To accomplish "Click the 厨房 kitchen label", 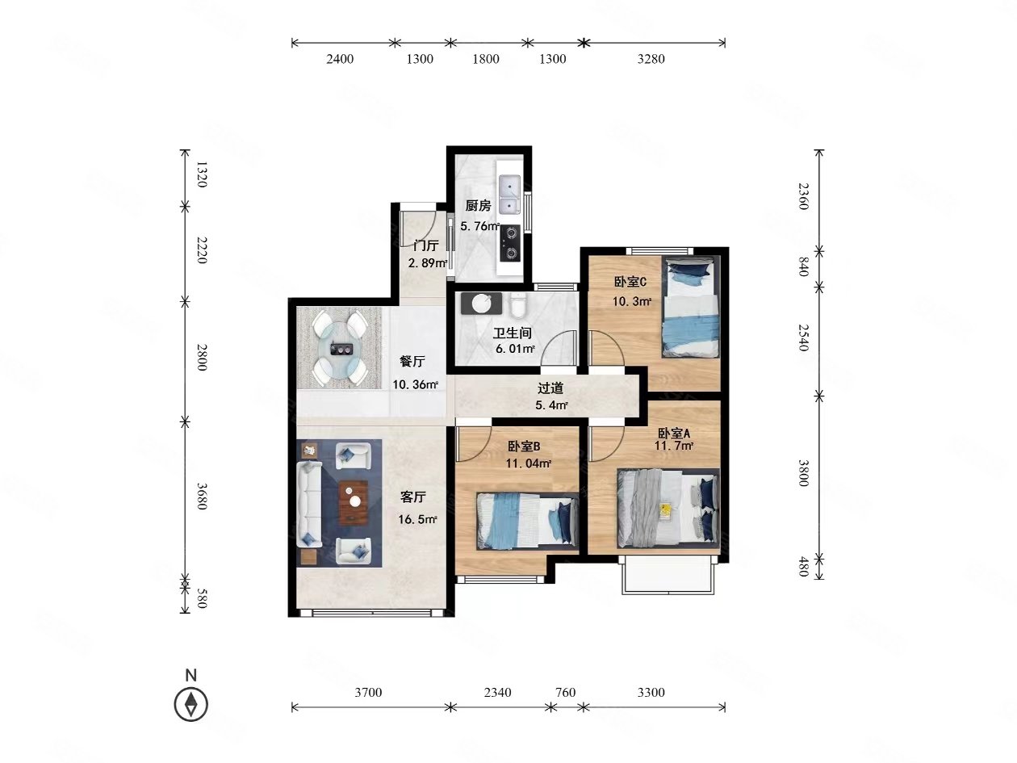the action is (x=478, y=205).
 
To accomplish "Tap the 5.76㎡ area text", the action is (x=479, y=226).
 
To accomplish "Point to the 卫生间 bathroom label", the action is (x=512, y=333).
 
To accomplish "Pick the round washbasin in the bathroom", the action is (x=481, y=304).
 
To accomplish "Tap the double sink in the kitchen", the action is (x=509, y=195).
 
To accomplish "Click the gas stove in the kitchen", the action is (x=509, y=243).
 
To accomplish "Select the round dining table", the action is (x=340, y=349).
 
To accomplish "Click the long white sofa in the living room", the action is (x=309, y=503).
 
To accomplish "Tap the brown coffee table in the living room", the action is (x=354, y=503).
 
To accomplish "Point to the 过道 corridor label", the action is (x=550, y=388).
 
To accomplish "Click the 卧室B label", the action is (x=524, y=446).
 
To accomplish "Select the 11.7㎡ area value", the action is (x=673, y=446).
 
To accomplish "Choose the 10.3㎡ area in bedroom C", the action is (x=632, y=301).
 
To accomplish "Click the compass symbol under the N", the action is (x=190, y=705).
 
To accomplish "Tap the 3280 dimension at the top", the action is (x=651, y=59).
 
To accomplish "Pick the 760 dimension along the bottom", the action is (x=565, y=692).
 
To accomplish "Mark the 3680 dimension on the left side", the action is (x=202, y=497).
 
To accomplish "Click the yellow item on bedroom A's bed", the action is (x=666, y=511).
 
